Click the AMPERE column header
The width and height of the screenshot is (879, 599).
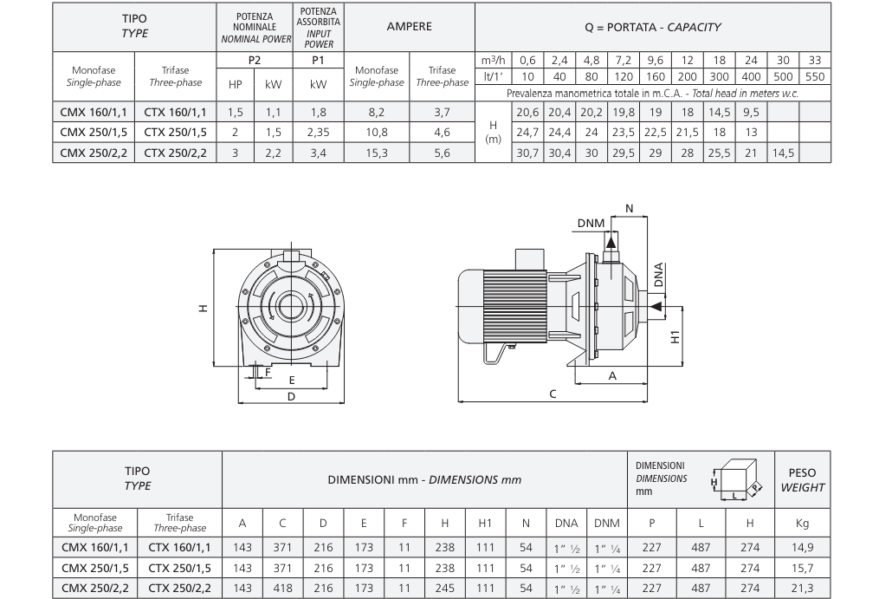(410, 27)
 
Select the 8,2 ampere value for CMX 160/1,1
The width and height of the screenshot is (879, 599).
(377, 113)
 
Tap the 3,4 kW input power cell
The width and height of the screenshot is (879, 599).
(319, 153)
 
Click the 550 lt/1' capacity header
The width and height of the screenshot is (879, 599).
(815, 76)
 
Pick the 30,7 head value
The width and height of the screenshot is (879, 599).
(527, 153)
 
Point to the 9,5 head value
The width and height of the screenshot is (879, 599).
(751, 113)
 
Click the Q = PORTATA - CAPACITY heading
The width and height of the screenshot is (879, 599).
(652, 27)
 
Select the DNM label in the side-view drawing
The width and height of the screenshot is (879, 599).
(591, 224)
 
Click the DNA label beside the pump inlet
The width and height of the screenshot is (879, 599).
(659, 275)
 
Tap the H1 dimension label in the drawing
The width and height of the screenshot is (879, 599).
(675, 337)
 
